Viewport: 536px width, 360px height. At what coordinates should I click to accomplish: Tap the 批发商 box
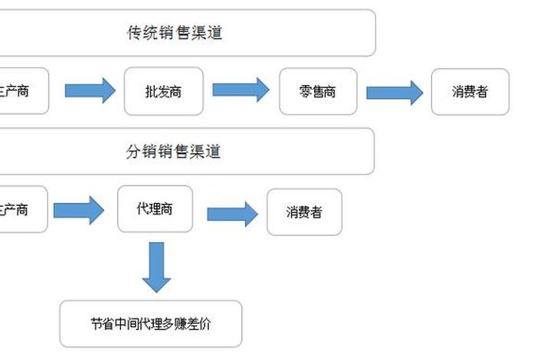163,91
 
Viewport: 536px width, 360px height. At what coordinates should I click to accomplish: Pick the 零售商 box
318,92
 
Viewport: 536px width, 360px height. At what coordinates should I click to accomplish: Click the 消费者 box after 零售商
470,92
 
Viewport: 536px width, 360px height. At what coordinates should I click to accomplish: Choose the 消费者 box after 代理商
304,211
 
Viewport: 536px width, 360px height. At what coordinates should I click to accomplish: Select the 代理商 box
155,208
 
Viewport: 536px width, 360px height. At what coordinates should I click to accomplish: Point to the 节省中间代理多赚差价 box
151,323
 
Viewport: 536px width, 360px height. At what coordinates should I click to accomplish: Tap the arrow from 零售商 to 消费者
394,93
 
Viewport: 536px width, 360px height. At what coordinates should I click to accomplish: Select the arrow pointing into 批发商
90,91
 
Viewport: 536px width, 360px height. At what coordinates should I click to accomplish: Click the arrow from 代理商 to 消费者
232,213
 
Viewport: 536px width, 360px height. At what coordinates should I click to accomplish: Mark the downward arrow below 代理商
156,267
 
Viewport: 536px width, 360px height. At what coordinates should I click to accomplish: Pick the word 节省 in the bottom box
102,324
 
